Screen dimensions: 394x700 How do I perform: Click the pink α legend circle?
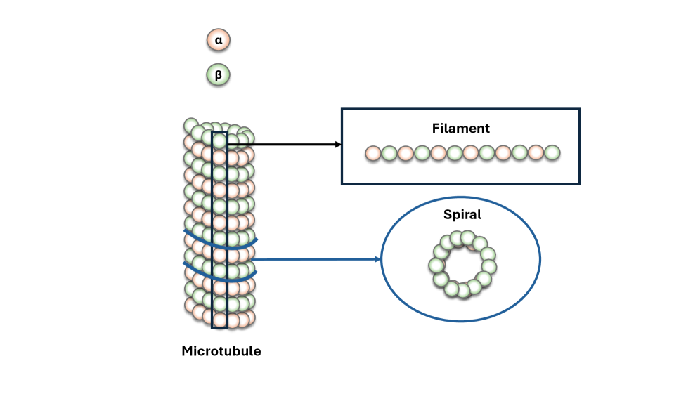(219, 41)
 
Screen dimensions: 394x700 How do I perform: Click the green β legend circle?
(219, 74)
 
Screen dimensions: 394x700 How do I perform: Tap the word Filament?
(460, 129)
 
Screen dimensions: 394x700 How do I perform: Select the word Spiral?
(462, 215)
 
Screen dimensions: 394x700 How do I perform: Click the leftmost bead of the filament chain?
(373, 153)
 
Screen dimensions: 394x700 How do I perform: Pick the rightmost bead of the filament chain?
(552, 152)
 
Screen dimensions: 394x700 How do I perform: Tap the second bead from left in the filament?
(389, 153)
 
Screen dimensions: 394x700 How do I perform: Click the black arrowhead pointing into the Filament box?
(338, 145)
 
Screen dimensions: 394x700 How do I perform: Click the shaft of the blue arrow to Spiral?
(316, 259)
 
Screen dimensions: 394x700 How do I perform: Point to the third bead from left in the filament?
(406, 153)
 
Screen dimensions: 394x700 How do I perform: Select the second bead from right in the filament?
(536, 152)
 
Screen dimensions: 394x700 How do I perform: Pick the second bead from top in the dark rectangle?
(220, 157)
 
